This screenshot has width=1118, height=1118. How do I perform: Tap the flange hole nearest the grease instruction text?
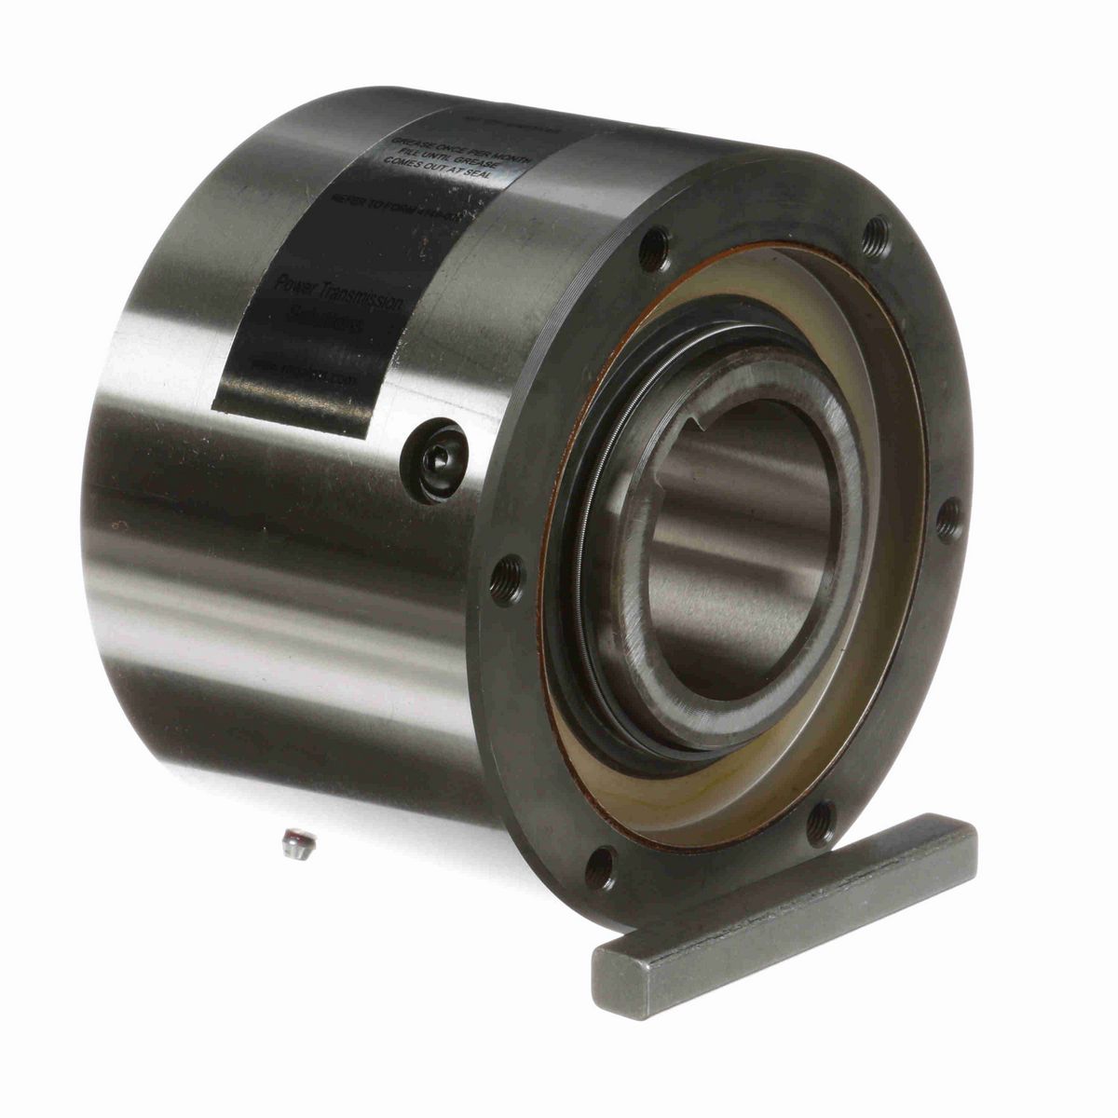657,247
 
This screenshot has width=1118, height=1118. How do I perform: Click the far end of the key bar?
969,834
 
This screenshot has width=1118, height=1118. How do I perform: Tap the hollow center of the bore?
736,550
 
